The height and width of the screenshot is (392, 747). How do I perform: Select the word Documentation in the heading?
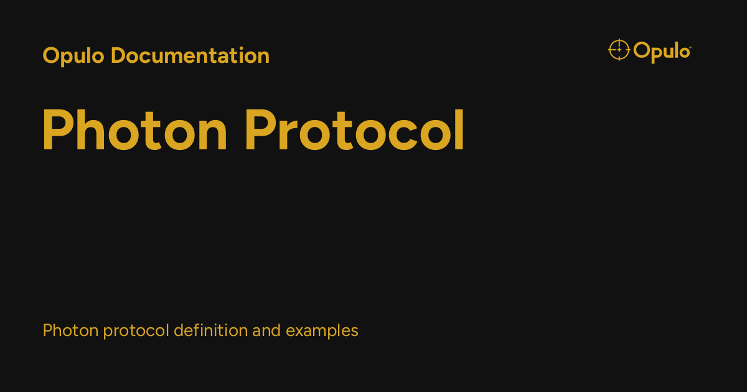coord(190,56)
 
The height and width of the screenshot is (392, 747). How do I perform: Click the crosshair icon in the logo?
coord(619,50)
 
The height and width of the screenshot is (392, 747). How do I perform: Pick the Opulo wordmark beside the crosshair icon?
coord(661,50)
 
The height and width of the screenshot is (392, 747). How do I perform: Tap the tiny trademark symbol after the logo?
coord(689,45)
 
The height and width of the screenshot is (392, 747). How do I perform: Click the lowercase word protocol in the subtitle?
coord(136,331)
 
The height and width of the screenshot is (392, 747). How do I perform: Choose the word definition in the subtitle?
coord(210,330)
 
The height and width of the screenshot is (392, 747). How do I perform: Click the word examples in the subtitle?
coord(322,331)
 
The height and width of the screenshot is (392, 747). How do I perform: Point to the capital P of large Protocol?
coord(258,131)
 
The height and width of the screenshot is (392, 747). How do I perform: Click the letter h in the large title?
coord(92,131)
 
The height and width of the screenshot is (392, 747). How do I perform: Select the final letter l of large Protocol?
coord(459,131)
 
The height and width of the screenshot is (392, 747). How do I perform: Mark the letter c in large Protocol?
coord(398,136)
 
